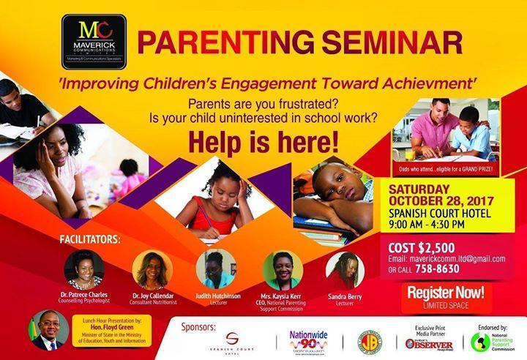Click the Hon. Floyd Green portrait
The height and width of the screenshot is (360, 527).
pyautogui.click(x=45, y=331)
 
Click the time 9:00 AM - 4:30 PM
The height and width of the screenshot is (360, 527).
pyautogui.click(x=436, y=224)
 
